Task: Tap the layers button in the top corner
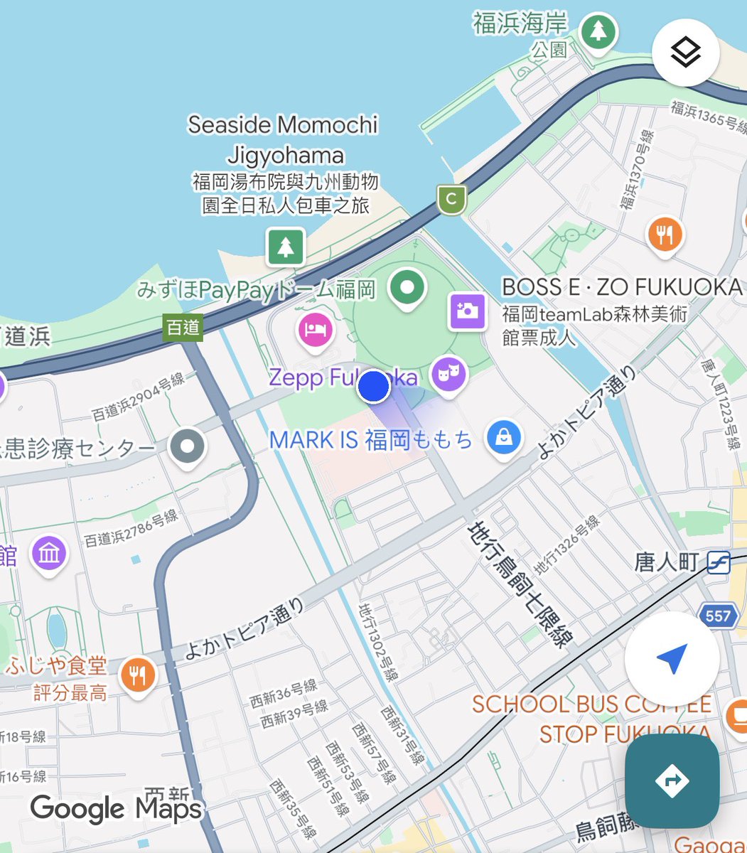pos(686,53)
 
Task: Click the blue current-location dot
pos(373,387)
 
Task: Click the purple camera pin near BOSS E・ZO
pos(467,311)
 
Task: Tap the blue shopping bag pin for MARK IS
pos(504,438)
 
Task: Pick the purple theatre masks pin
pos(448,373)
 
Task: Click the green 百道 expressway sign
pos(183,327)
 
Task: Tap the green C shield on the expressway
pos(451,199)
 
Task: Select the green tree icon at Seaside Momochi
pos(285,246)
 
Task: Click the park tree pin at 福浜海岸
pos(598,32)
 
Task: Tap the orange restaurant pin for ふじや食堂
pos(138,675)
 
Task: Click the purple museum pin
pos(49,553)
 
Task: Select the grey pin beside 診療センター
pos(188,446)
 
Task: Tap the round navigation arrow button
pos(672,659)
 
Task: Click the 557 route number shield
pos(718,614)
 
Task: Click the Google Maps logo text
pos(117,809)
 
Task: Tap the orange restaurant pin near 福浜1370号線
pos(665,235)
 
